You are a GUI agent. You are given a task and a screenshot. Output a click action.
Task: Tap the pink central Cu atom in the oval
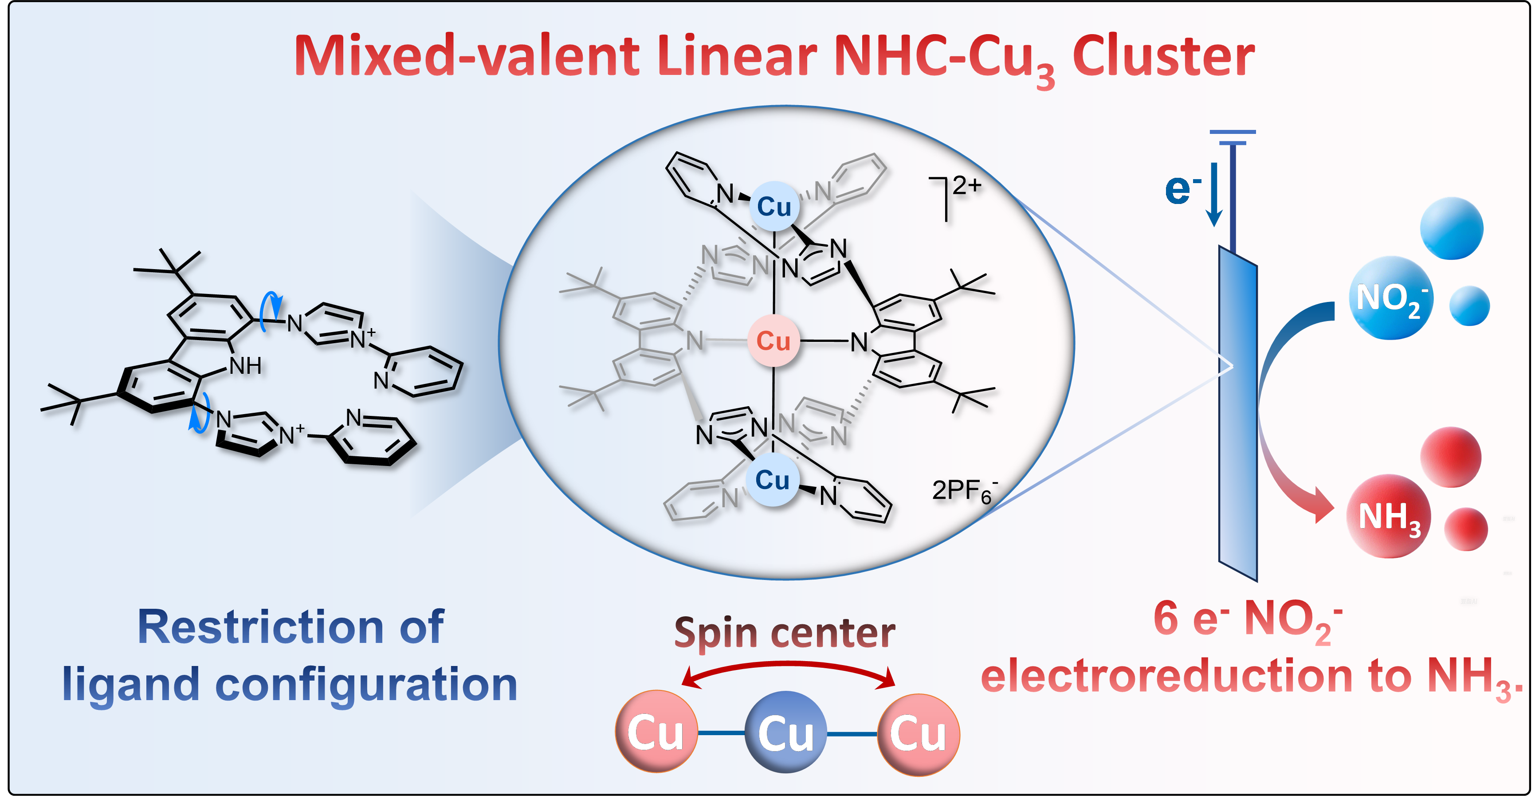pos(773,341)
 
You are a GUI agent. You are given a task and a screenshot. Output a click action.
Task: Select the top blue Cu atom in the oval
pos(773,207)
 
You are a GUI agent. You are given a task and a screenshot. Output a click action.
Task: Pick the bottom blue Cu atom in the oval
pos(772,480)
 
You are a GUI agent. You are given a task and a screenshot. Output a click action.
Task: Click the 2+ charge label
pos(966,186)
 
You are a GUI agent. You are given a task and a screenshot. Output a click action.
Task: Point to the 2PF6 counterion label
pos(963,492)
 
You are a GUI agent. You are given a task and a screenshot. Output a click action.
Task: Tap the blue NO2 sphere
pos(1391,298)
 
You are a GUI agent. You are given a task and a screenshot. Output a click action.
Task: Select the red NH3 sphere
pos(1388,516)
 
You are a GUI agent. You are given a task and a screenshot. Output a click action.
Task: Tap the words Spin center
pos(784,633)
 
